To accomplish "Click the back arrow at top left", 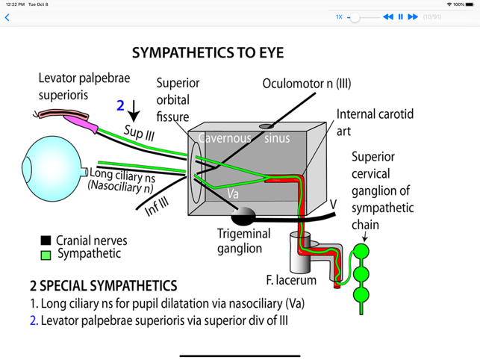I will pos(7,17).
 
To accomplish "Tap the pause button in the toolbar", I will pos(400,16).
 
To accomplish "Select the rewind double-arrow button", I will pos(388,16).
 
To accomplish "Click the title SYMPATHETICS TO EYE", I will pos(208,53).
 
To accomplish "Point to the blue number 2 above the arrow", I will pos(120,105).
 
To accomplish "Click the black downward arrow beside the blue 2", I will pos(134,112).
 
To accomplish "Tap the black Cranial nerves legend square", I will pos(46,240).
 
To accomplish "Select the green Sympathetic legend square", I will pos(46,254).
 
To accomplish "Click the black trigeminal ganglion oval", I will pos(243,217).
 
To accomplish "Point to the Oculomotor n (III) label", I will pos(306,83).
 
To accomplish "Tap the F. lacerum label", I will pos(291,280).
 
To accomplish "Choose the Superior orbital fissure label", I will pos(172,99).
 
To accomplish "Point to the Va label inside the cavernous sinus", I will pos(233,193).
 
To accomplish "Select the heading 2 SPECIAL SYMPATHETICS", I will pos(103,286).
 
